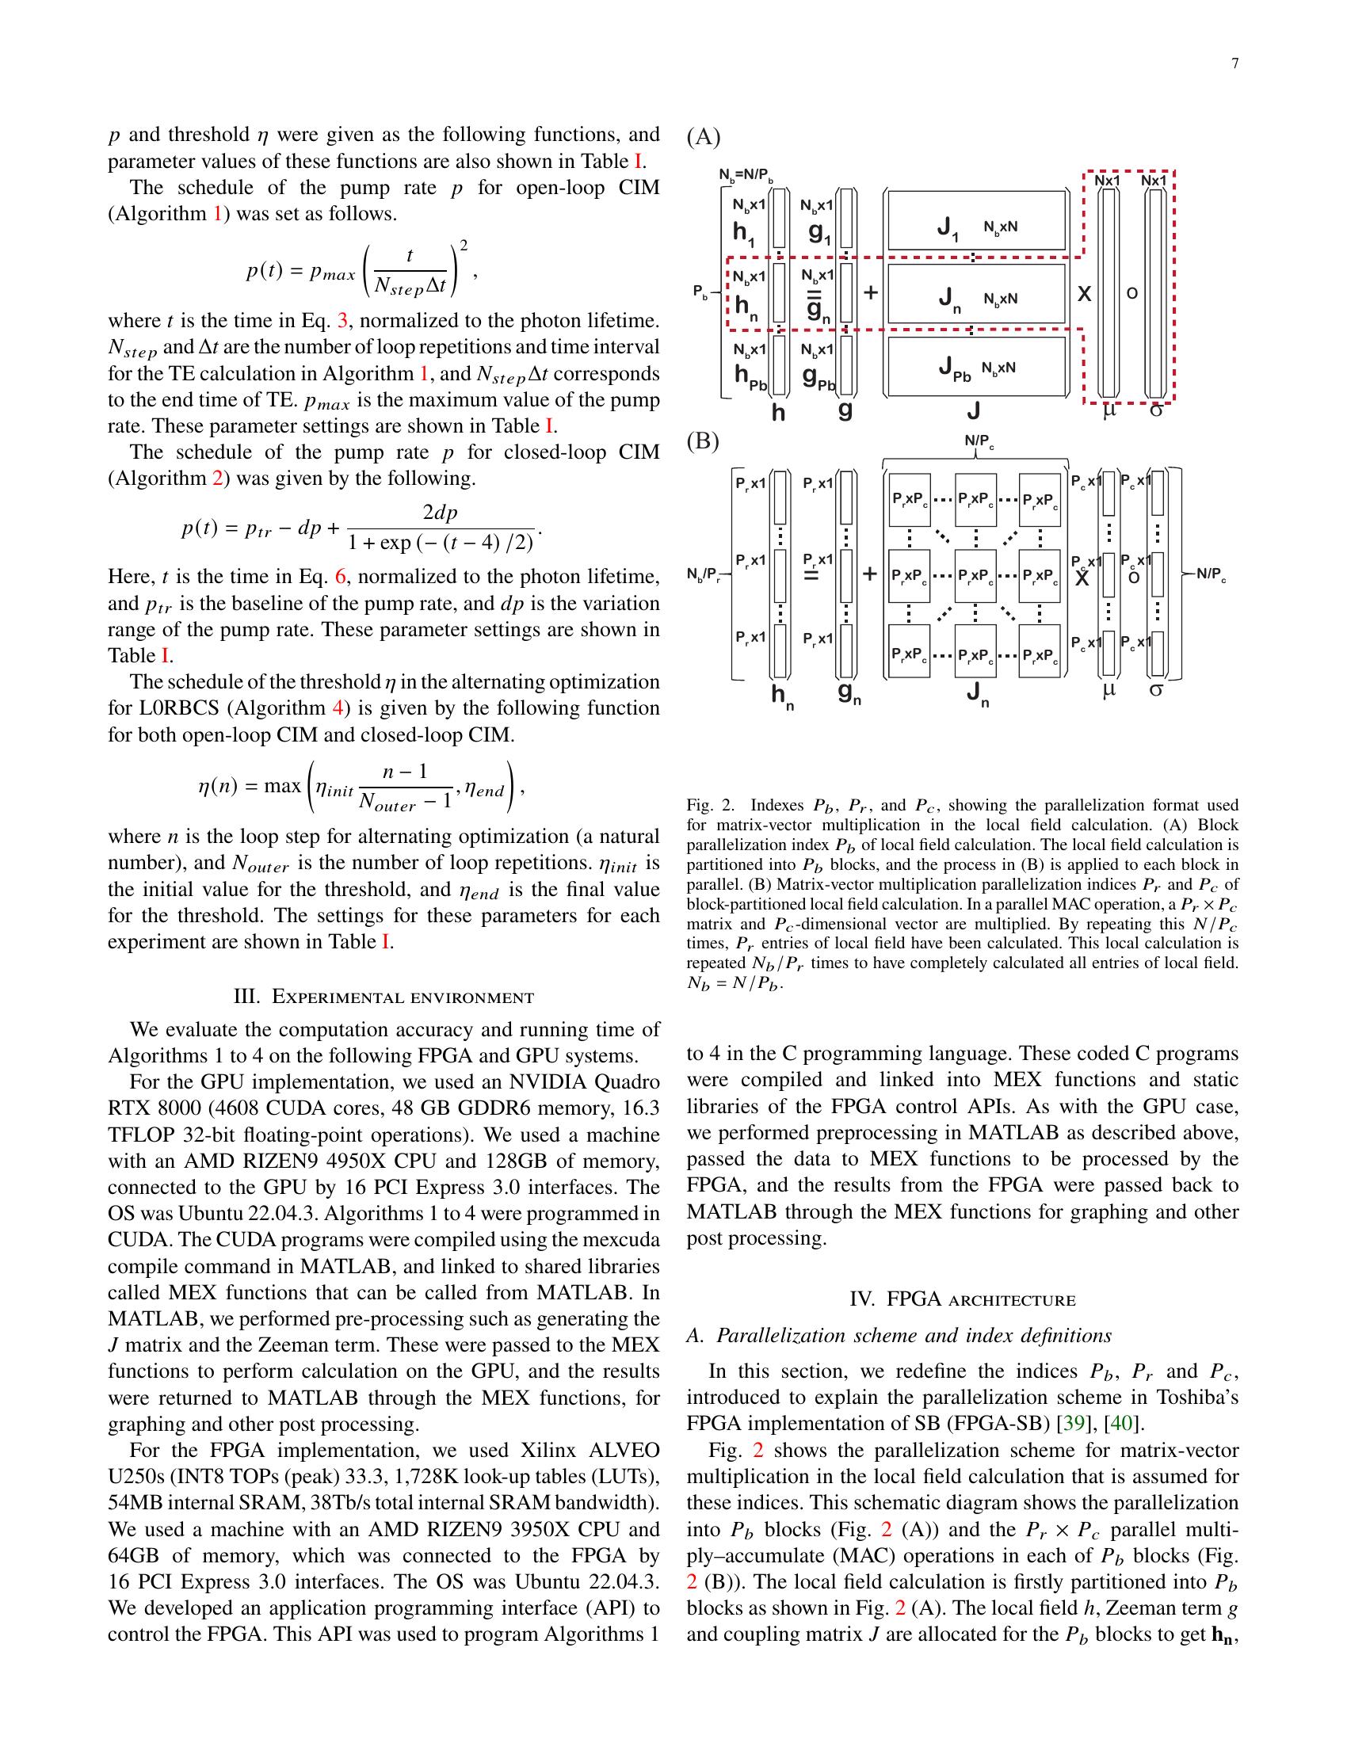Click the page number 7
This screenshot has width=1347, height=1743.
1234,65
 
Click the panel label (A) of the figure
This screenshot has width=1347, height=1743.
703,137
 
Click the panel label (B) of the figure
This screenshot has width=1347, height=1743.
703,441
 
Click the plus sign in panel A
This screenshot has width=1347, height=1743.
871,293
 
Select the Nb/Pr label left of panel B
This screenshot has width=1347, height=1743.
704,575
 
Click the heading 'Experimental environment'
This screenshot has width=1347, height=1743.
383,997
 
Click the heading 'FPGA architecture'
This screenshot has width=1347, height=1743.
963,1299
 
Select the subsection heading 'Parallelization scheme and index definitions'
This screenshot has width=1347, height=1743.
899,1336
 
